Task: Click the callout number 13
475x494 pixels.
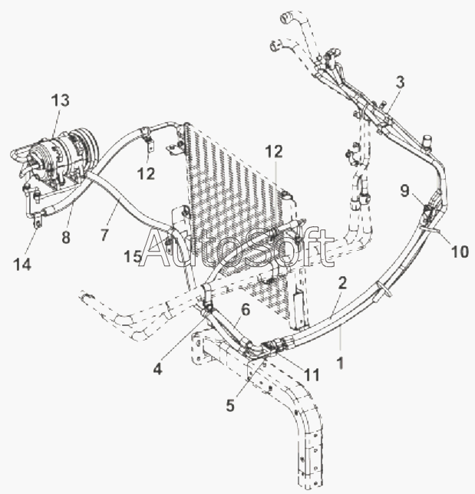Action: pyautogui.click(x=60, y=100)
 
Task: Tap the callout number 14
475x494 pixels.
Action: pyautogui.click(x=22, y=265)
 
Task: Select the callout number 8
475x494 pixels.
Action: pyautogui.click(x=66, y=237)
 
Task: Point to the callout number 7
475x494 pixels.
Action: pyautogui.click(x=104, y=235)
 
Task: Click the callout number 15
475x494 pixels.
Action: pyautogui.click(x=133, y=256)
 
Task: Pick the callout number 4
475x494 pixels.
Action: pyautogui.click(x=157, y=367)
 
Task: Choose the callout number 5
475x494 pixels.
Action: pyautogui.click(x=230, y=405)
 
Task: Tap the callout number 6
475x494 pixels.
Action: pyautogui.click(x=246, y=310)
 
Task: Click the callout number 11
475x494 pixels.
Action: pyautogui.click(x=312, y=375)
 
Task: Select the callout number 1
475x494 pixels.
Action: pyautogui.click(x=341, y=363)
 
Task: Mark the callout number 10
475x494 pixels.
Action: pyautogui.click(x=460, y=252)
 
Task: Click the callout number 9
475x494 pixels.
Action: pyautogui.click(x=404, y=190)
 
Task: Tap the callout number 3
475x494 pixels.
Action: pyautogui.click(x=400, y=82)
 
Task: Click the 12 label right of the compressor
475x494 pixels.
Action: pyautogui.click(x=146, y=173)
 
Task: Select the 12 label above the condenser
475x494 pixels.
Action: pyautogui.click(x=274, y=152)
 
